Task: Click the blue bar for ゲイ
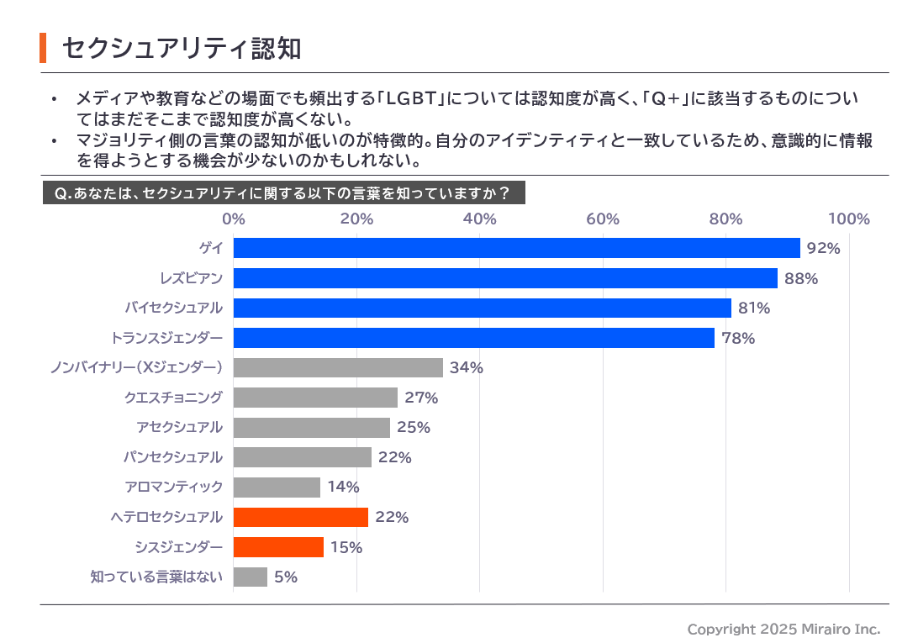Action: click(x=516, y=248)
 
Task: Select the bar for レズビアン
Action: click(x=505, y=278)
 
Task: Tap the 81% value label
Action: click(x=754, y=308)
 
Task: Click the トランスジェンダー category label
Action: click(x=167, y=338)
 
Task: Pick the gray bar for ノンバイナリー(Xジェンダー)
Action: click(x=338, y=367)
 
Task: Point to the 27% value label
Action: click(x=421, y=398)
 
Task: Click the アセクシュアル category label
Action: click(x=180, y=427)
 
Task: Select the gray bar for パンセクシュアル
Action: click(x=302, y=457)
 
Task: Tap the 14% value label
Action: click(x=343, y=488)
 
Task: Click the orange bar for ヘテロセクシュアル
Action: click(x=300, y=517)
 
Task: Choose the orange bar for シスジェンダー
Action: click(x=278, y=547)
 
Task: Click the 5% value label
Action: click(x=286, y=577)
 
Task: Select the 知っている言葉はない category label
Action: click(x=156, y=577)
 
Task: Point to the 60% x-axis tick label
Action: click(x=603, y=219)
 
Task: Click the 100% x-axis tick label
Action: click(x=848, y=219)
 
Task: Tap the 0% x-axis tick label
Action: click(x=234, y=219)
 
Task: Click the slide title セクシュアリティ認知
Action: click(x=182, y=48)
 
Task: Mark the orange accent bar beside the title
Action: click(x=43, y=48)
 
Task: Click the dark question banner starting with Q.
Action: click(x=283, y=193)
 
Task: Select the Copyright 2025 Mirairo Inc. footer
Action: click(x=783, y=629)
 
